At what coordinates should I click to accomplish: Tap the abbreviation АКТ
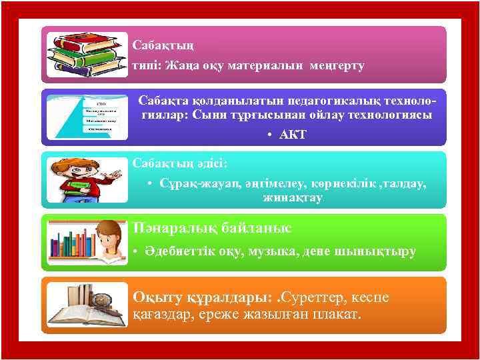[293, 135]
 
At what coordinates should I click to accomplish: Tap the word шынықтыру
[381, 252]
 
